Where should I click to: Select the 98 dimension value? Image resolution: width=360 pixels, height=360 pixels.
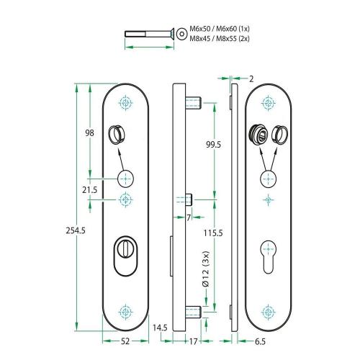point(90,132)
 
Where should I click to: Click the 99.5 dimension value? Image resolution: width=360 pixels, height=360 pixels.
point(212,145)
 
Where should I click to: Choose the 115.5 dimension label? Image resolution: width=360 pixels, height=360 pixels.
point(212,233)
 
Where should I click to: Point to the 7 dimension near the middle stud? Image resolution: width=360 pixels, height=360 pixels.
point(188,217)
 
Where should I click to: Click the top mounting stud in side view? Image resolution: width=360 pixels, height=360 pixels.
point(194,102)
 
